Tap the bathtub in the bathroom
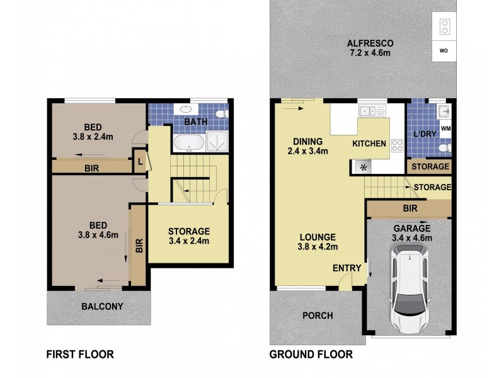(x=188, y=142)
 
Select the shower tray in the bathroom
(x=217, y=142)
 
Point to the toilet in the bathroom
(x=221, y=114)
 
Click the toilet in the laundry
(x=444, y=147)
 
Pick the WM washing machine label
(x=445, y=129)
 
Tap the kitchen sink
(x=372, y=112)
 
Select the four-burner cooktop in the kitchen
(x=398, y=145)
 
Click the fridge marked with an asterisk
(x=362, y=168)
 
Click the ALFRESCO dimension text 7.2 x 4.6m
(x=370, y=54)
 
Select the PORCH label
(x=318, y=316)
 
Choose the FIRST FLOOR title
(x=79, y=354)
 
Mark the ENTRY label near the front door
(x=347, y=268)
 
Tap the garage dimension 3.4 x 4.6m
(x=412, y=238)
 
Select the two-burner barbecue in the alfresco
(x=444, y=26)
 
